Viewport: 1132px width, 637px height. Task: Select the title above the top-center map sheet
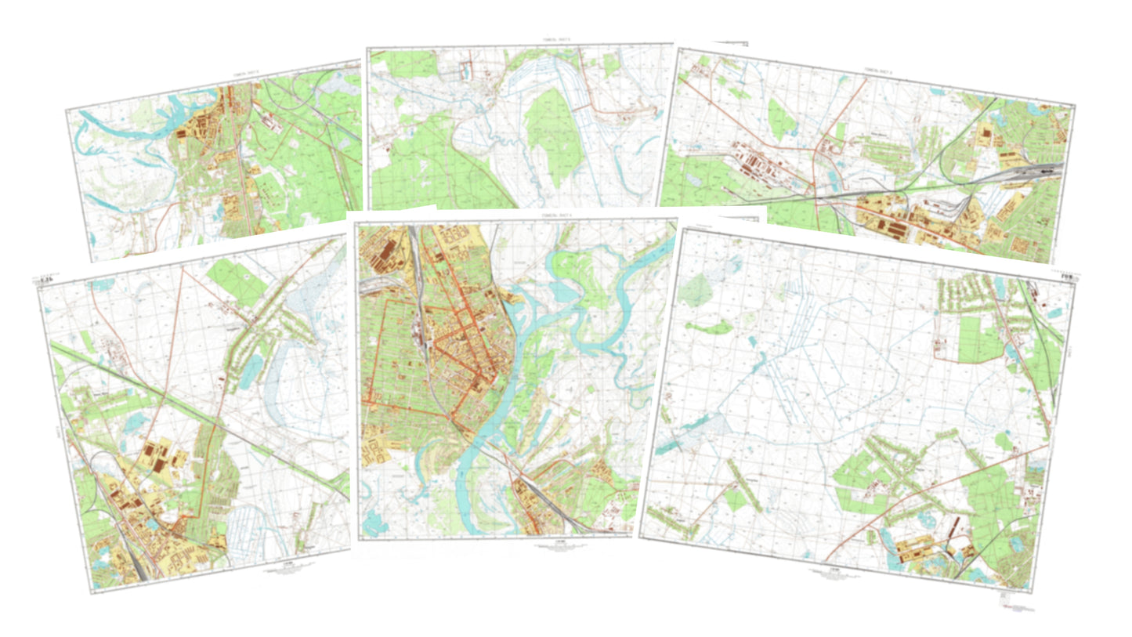521,42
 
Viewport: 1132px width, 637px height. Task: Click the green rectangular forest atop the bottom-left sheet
235,282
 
